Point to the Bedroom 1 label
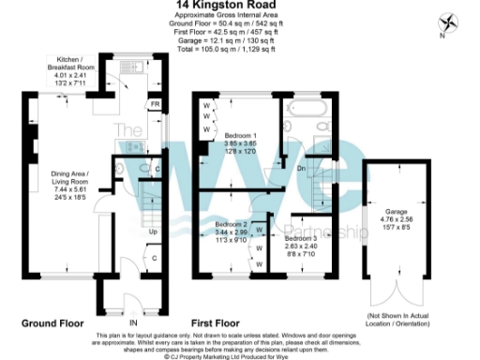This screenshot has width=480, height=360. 237,136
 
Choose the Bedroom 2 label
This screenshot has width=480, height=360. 231,225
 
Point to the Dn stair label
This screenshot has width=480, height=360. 302,169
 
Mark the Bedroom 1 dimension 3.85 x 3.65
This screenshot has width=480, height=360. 237,143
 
